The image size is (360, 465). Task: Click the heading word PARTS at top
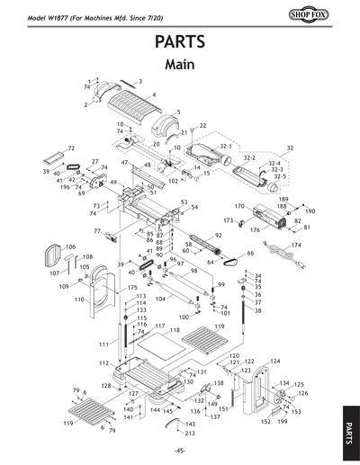[x=180, y=42]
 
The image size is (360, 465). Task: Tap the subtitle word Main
[x=180, y=65]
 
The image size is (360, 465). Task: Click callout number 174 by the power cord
[x=295, y=245]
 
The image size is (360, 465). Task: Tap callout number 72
[x=71, y=148]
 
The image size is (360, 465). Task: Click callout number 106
[x=70, y=246]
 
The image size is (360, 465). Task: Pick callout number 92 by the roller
[x=217, y=236]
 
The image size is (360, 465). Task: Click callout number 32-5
[x=279, y=177]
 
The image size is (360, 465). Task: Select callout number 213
[x=190, y=434]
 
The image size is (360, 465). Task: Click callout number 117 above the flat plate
[x=159, y=325]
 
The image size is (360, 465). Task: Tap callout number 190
[x=310, y=211]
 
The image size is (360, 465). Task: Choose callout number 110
[x=79, y=300]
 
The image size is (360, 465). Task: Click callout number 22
[x=202, y=126]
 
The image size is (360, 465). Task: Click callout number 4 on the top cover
[x=153, y=94]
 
